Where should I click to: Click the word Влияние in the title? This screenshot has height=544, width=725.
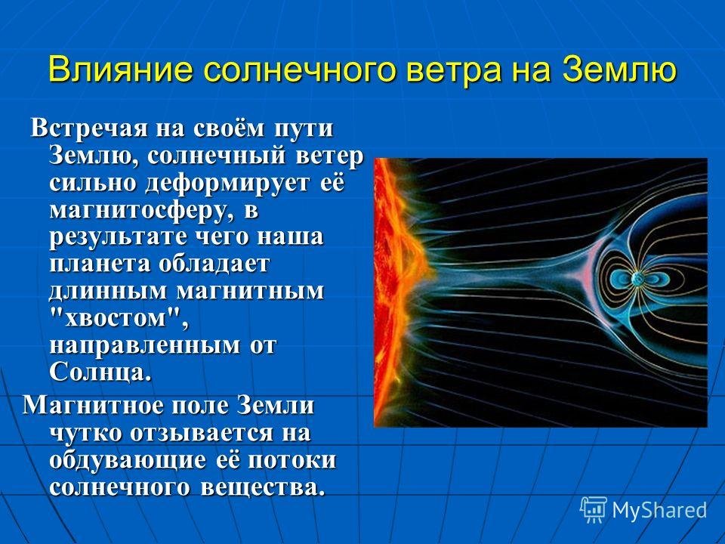tap(120, 70)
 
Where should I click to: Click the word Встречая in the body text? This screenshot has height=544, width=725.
tap(89, 128)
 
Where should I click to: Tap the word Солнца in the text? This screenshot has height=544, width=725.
tap(100, 372)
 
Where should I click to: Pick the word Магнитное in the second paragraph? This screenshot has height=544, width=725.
tap(93, 405)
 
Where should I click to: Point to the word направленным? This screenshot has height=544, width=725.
tap(144, 346)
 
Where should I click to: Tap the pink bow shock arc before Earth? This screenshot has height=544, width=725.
tap(584, 277)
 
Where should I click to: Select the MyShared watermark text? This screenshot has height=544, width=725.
tap(659, 510)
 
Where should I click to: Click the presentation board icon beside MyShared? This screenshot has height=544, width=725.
tap(594, 510)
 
